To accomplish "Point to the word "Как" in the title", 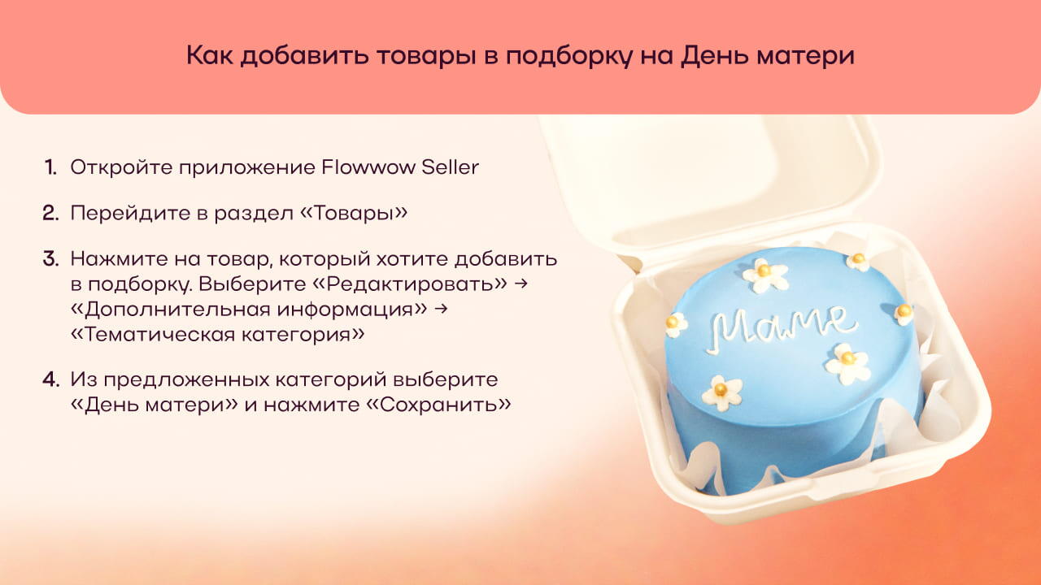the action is pos(209,55).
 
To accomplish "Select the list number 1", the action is pos(50,167).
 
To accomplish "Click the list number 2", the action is pos(50,213).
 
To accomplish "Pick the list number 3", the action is pos(50,258).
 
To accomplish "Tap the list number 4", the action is pos(50,379).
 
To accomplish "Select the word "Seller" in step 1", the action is pos(450,167).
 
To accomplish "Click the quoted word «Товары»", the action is pos(354,214).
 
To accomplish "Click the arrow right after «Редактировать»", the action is pos(521,284).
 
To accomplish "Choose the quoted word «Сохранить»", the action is pos(438,405).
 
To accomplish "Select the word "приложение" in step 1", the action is pos(246,168).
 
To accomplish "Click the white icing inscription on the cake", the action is pos(780,327).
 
